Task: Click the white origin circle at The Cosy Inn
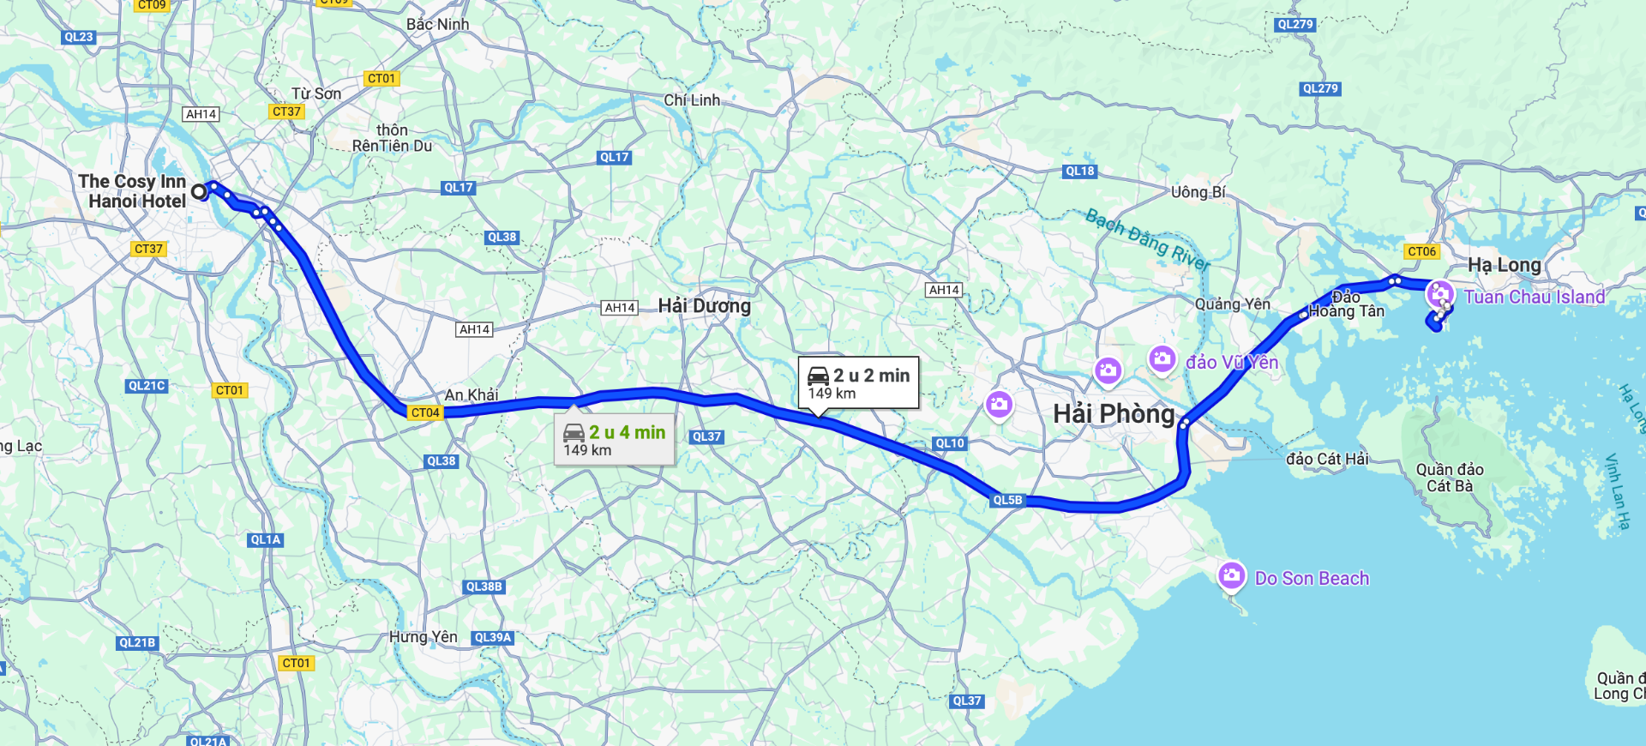199,192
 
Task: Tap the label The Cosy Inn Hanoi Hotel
133,191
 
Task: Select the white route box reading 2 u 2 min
858,382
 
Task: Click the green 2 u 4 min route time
627,433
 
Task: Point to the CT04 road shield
425,412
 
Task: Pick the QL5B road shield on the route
1007,500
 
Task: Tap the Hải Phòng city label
1114,414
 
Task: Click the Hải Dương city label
704,306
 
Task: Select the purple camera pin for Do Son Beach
1231,575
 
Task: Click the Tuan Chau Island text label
1534,298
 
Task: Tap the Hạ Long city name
1504,265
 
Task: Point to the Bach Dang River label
1146,239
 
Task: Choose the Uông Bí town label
1198,192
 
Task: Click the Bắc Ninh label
437,24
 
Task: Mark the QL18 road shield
1079,171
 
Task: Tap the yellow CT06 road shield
1421,251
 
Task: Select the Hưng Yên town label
423,637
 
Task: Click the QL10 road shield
950,443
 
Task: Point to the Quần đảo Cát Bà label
1449,478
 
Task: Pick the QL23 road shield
78,37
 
